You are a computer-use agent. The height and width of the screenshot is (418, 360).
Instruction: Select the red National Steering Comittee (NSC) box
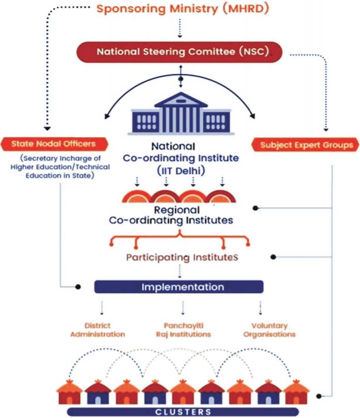point(180,51)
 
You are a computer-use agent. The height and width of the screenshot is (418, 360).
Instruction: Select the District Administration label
point(97,330)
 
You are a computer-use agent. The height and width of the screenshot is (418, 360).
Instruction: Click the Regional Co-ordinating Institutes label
point(180,215)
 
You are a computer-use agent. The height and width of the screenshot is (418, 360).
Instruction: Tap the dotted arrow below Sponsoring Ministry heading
point(180,28)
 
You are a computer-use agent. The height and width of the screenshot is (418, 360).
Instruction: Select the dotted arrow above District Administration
point(102,308)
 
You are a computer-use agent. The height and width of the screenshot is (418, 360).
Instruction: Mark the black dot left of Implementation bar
point(77,287)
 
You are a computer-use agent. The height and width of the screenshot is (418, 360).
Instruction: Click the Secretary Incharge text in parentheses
point(60,167)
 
